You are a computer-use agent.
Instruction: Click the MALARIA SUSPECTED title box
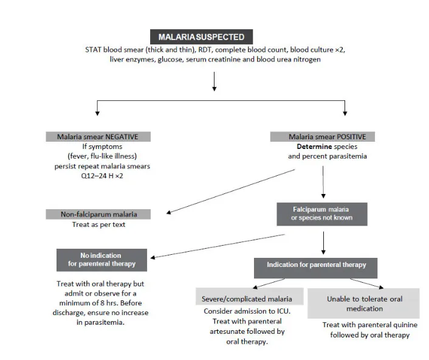[201, 36]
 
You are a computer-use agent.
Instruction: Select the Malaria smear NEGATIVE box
[98, 137]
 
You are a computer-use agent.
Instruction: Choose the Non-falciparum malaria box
[98, 214]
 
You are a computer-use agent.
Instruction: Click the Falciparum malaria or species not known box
[321, 213]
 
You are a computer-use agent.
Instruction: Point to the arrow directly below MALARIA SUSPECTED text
[214, 81]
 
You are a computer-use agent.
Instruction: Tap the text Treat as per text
[98, 224]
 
